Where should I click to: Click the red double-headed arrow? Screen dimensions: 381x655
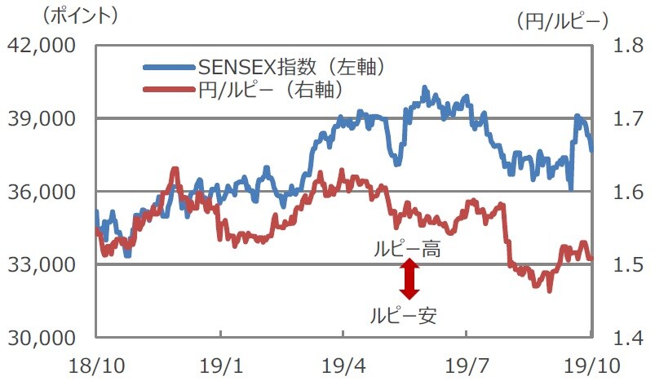(x=409, y=280)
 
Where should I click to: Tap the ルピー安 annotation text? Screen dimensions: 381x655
(x=404, y=315)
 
